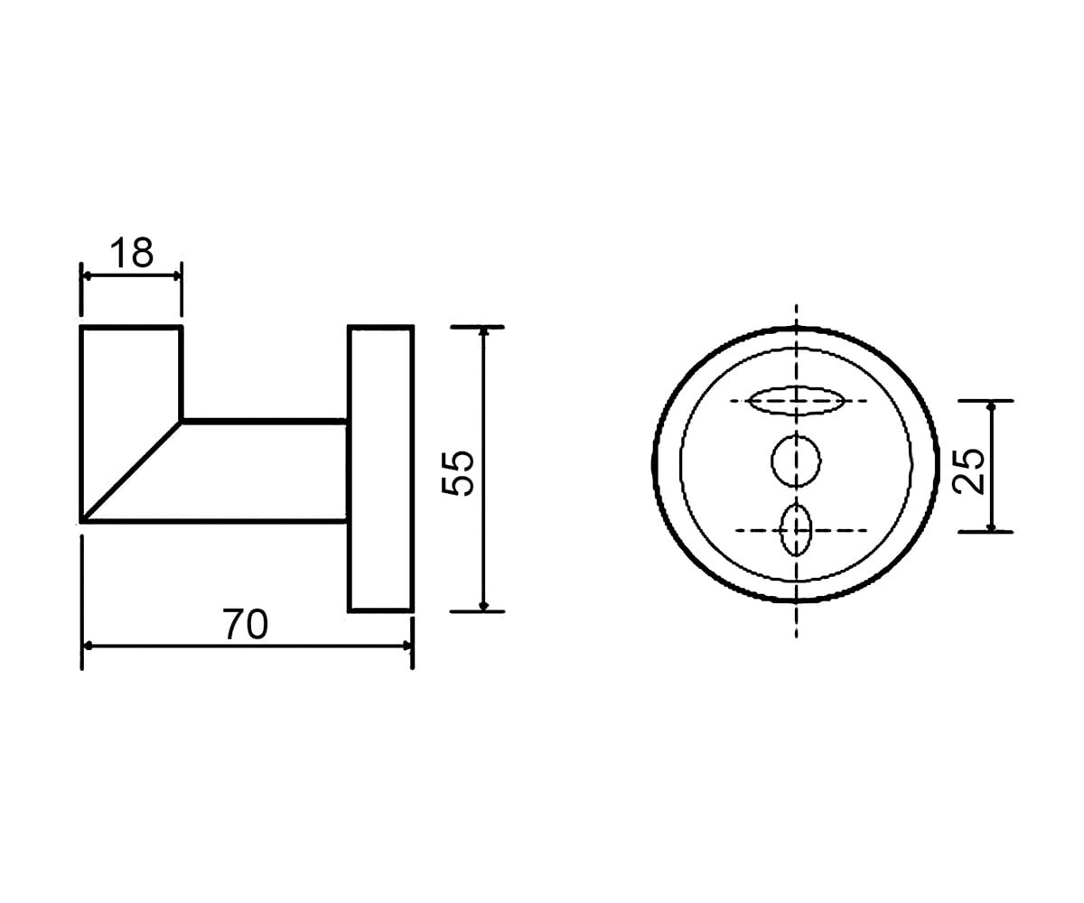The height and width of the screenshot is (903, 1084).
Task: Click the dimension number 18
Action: (x=132, y=253)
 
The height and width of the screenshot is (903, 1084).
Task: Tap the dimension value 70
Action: (x=246, y=625)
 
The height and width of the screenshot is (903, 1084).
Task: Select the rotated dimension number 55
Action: (x=458, y=473)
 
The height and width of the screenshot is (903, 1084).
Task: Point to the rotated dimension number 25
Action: (x=969, y=470)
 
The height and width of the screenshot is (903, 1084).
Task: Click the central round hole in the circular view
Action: (x=796, y=461)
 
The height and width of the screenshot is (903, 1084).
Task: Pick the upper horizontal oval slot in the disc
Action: (x=796, y=401)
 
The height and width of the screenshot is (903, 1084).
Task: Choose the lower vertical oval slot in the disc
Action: (x=796, y=530)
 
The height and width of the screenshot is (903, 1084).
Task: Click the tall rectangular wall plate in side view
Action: (x=381, y=470)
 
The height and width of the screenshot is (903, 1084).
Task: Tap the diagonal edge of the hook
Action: (x=132, y=470)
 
